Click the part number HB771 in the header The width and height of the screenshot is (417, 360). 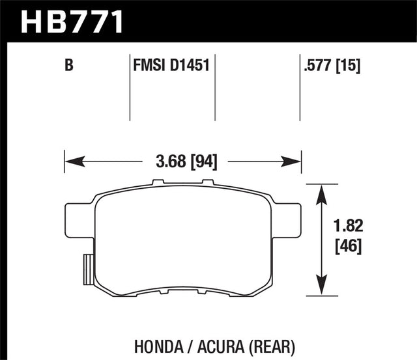(x=72, y=21)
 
